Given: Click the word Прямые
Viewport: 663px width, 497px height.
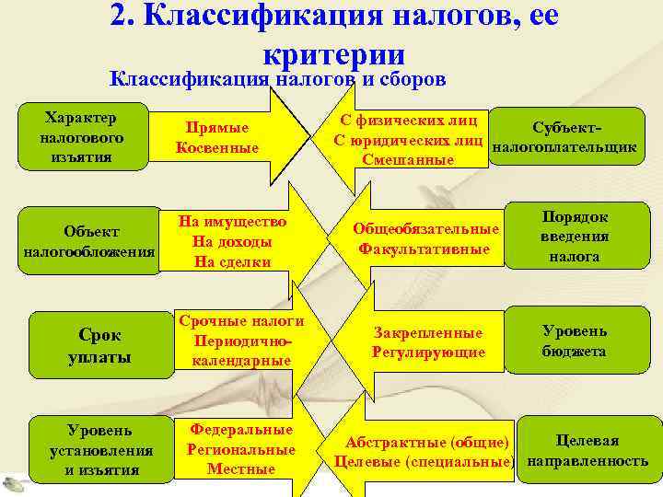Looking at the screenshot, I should coord(218,130).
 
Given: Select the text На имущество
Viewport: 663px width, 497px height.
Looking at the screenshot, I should coord(233,222).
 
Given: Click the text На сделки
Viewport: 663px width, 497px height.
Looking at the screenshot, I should coord(233,261).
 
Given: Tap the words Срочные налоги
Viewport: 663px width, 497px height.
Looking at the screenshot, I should coord(241,321).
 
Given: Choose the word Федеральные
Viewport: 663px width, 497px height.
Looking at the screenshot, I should coord(240,430).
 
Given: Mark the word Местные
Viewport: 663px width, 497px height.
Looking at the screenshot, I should coord(240,468).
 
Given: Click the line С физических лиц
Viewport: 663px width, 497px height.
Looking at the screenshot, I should coord(408,120).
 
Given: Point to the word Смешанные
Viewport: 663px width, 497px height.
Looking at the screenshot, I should coord(408,159).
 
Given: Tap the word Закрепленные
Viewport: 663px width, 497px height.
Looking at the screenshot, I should coord(427,332).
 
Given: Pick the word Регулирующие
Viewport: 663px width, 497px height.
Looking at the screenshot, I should coord(427,352).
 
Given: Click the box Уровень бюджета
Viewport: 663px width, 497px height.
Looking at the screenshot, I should coord(574,341).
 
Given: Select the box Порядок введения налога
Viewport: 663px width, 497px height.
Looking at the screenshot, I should coord(575,237).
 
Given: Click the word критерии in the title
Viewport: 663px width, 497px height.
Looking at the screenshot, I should coord(333,52).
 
